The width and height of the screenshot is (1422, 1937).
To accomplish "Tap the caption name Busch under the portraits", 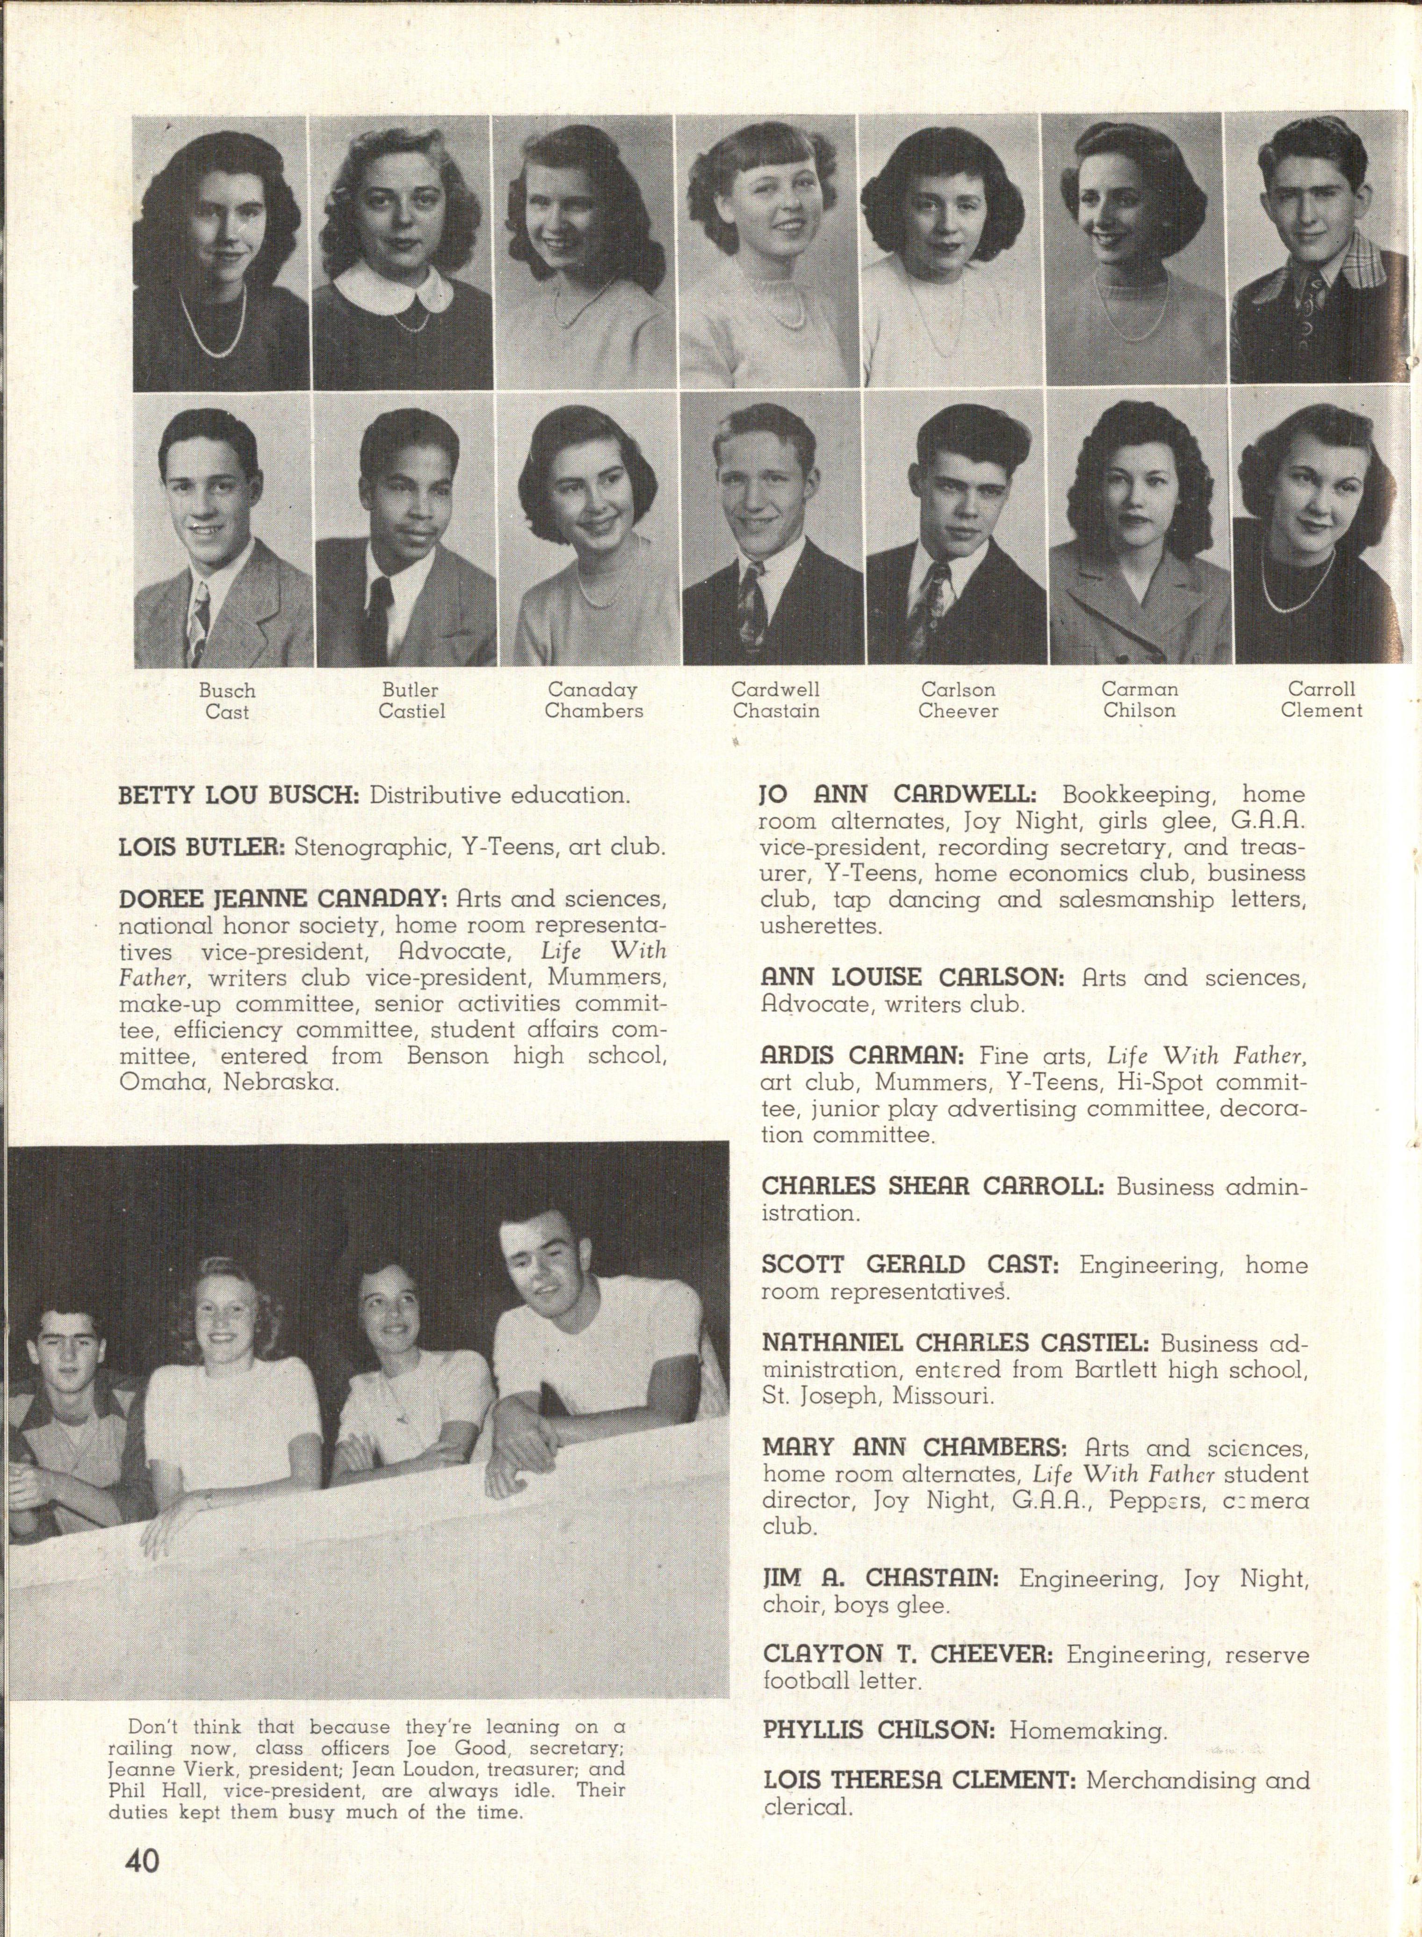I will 227,690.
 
